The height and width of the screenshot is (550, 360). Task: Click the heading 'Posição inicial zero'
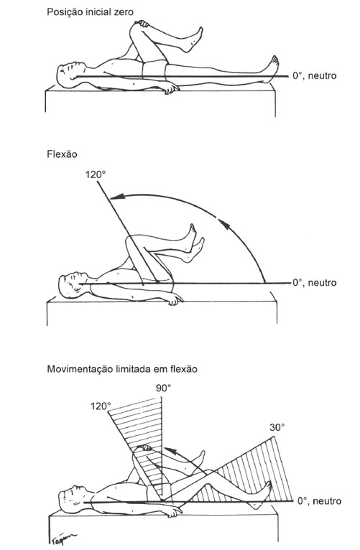[90, 11]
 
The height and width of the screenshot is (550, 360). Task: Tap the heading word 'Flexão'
[62, 154]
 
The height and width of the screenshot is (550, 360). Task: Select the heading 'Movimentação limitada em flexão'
[122, 369]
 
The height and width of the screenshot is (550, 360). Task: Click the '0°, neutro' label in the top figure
[315, 76]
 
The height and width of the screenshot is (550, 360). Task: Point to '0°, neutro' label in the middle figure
[315, 283]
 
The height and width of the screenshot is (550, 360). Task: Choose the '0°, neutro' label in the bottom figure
[319, 501]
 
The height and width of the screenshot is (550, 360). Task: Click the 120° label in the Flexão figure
[96, 174]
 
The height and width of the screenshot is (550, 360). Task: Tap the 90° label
[164, 388]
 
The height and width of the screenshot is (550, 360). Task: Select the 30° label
[277, 427]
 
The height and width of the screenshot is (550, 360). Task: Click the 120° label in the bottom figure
[101, 406]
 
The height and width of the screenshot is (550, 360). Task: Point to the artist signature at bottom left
[63, 537]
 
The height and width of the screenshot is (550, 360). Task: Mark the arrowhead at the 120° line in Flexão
[115, 198]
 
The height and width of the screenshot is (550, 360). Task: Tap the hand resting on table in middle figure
[175, 299]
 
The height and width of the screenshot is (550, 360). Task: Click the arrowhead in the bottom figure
[168, 452]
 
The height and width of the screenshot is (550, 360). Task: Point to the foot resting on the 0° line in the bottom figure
[263, 494]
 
